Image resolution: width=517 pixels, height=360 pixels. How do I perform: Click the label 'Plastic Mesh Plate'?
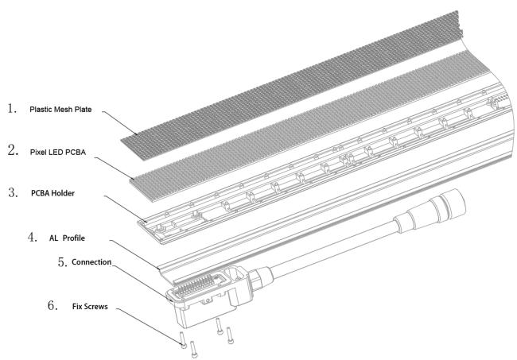click(60, 110)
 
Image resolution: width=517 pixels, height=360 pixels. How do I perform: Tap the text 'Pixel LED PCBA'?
click(58, 152)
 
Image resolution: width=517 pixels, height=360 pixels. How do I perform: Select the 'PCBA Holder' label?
click(52, 193)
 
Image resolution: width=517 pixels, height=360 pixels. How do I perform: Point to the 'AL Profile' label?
click(67, 238)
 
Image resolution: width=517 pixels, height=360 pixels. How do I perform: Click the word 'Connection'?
click(91, 262)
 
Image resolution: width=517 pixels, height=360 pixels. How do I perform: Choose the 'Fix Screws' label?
click(90, 307)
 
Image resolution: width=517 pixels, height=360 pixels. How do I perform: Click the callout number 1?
click(13, 108)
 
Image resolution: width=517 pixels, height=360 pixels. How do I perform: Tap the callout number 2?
click(14, 150)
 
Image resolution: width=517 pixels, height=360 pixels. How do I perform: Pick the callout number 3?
click(14, 192)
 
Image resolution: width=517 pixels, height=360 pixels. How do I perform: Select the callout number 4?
click(33, 237)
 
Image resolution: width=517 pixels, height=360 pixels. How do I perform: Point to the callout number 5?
click(63, 262)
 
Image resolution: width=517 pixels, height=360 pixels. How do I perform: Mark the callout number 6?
click(52, 305)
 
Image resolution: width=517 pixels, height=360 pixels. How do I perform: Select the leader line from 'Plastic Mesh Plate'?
click(119, 123)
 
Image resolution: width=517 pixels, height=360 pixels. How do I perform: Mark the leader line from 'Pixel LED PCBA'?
click(114, 168)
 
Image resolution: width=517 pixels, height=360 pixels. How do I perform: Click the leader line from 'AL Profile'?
click(134, 254)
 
